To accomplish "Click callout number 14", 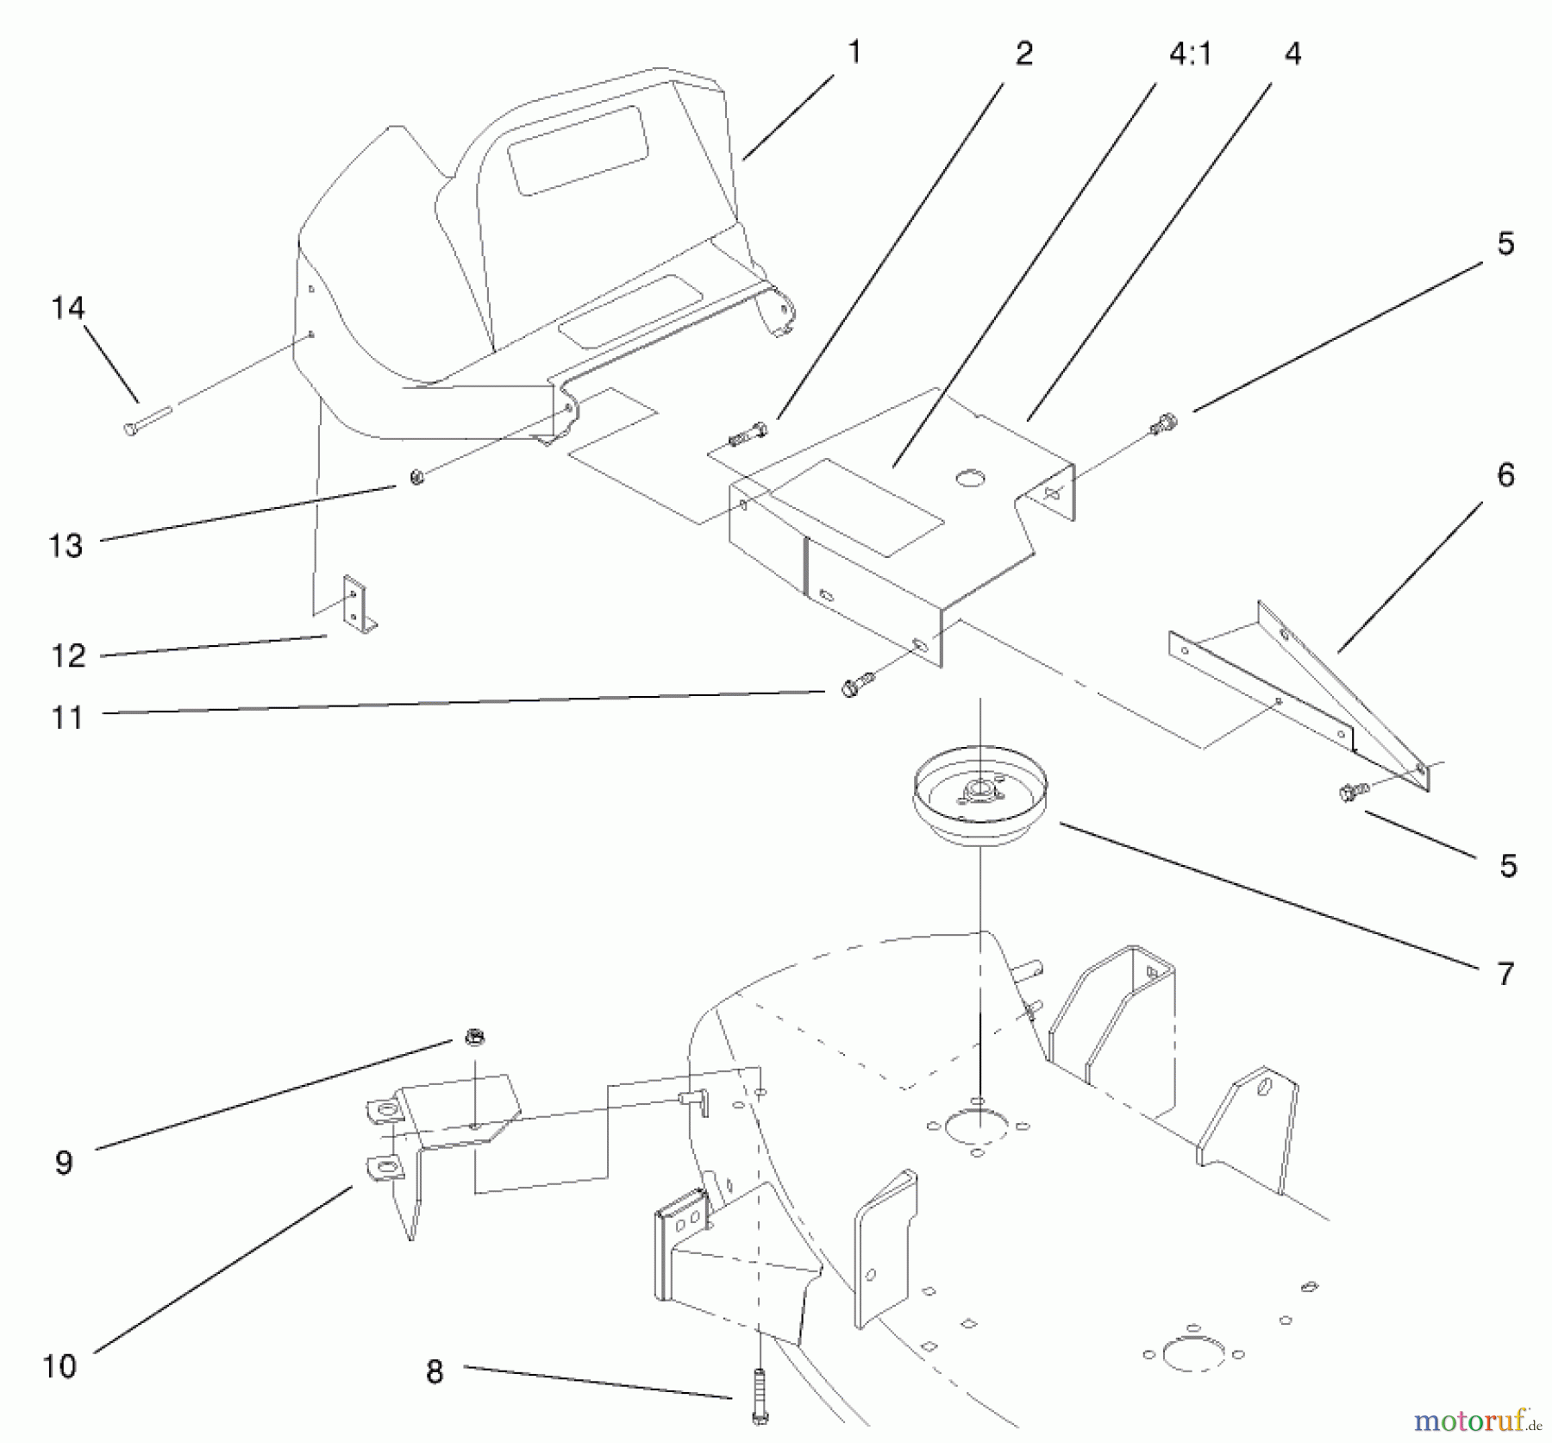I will click(68, 308).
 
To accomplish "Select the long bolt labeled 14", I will click(147, 422).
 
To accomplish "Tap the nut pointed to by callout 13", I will click(416, 477).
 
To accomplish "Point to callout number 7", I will click(1505, 974).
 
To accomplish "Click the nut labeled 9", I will click(472, 1037).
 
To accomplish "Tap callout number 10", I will click(60, 1365).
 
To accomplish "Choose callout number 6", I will click(1505, 474).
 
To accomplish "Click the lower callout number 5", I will click(1507, 865).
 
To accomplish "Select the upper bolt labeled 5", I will click(1162, 423).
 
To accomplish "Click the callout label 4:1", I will click(1191, 54).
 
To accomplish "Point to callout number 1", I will click(854, 52).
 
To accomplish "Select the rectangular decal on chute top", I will click(578, 151).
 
